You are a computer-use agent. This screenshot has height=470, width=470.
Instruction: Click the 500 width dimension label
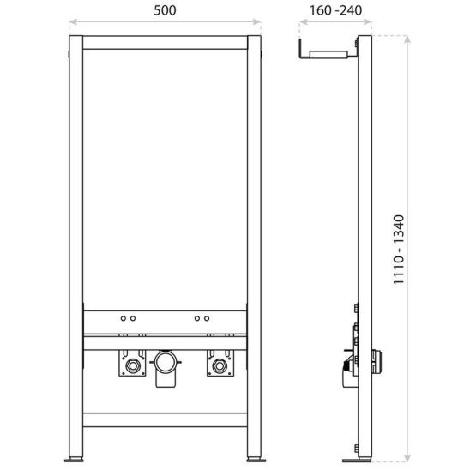[165, 10]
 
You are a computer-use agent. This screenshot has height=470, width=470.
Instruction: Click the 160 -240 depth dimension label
[335, 10]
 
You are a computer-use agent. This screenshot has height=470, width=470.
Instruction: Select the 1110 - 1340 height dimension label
[399, 250]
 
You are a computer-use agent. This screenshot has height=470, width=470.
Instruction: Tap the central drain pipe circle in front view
[166, 363]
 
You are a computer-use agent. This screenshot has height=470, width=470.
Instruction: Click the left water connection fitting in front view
[132, 365]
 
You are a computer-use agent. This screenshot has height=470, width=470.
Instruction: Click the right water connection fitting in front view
[220, 365]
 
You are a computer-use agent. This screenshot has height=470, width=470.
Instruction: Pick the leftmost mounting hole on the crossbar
[124, 318]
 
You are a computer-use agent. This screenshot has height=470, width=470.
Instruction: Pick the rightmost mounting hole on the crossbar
[207, 318]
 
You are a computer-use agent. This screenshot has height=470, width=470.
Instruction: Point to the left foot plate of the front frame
[75, 460]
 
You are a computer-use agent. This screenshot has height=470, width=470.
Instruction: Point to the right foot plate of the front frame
[256, 460]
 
